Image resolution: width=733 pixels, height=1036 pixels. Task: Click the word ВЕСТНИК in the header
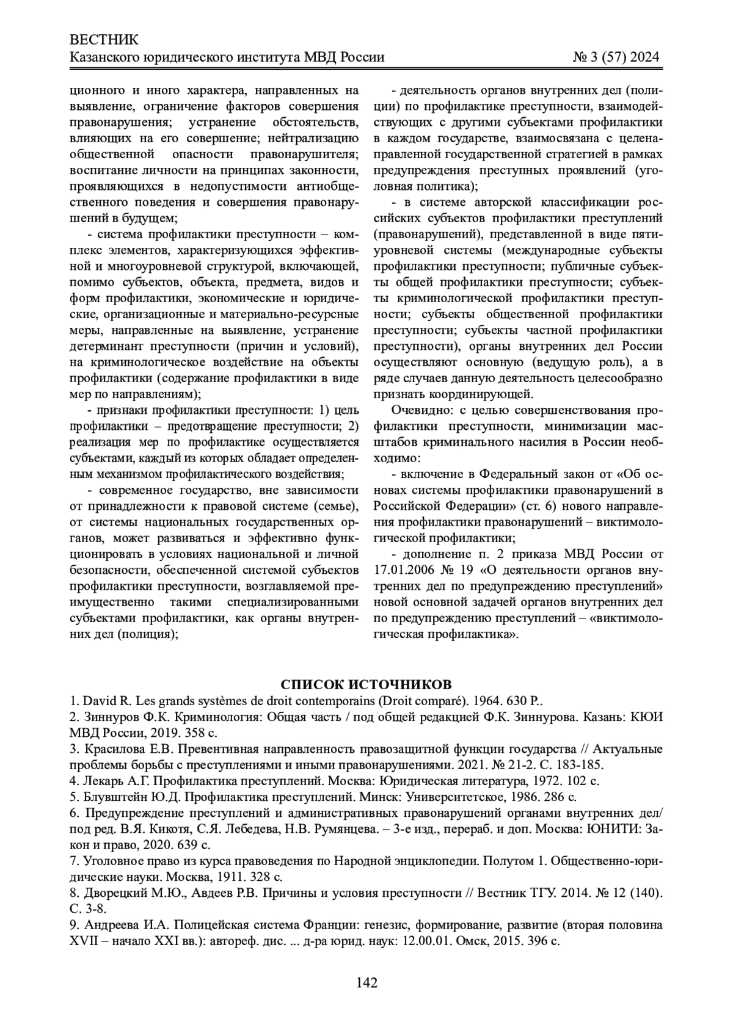[x=104, y=40]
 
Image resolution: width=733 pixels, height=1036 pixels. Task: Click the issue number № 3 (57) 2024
[x=616, y=57]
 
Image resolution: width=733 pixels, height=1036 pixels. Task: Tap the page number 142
[x=366, y=982]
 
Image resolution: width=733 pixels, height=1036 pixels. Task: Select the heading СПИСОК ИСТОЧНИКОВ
[x=366, y=683]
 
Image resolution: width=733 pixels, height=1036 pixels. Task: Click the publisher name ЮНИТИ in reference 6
[x=602, y=829]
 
